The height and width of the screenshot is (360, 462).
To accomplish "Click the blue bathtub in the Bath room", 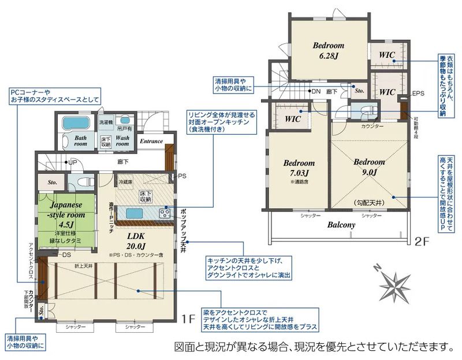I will pos(73,124).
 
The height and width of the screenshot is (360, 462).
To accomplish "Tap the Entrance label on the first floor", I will pos(151,141).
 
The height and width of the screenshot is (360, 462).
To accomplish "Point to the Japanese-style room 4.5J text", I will pos(65,215).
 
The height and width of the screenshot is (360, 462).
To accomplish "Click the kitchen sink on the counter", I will pos(136,213).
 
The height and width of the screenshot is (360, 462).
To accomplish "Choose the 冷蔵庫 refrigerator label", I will pos(125,182).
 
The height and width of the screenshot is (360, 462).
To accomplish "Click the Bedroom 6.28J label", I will pos(329,50).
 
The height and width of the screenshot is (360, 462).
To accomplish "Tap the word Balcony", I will pos(341,225).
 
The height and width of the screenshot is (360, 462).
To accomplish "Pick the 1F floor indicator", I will pos(184,318).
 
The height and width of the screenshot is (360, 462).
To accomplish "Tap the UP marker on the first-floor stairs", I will pos(73,162).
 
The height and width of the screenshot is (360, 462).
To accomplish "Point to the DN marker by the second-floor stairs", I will pos(315,91).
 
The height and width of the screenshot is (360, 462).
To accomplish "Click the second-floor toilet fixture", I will pos(366,110).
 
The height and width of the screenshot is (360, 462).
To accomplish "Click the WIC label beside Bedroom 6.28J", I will pos(387,55).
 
